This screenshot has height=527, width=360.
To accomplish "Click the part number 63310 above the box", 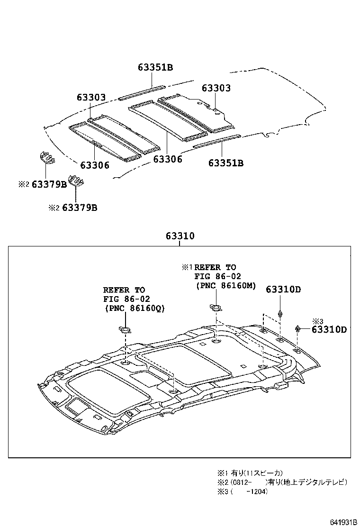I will [180, 236].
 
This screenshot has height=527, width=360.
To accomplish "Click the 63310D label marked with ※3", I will [329, 329].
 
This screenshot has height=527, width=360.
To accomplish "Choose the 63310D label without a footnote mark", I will [283, 290].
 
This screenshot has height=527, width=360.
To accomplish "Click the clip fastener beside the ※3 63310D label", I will [298, 328].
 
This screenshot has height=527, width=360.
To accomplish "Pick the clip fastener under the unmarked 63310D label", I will [280, 313].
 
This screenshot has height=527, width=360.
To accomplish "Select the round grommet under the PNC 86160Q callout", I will [124, 330].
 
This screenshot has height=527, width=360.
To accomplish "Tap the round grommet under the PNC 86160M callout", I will [215, 308].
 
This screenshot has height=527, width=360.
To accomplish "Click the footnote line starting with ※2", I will [282, 482].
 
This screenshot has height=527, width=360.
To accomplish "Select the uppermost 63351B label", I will [155, 67].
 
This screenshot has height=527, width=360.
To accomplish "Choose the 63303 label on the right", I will [216, 88].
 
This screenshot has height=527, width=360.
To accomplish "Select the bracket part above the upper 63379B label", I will [45, 158].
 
